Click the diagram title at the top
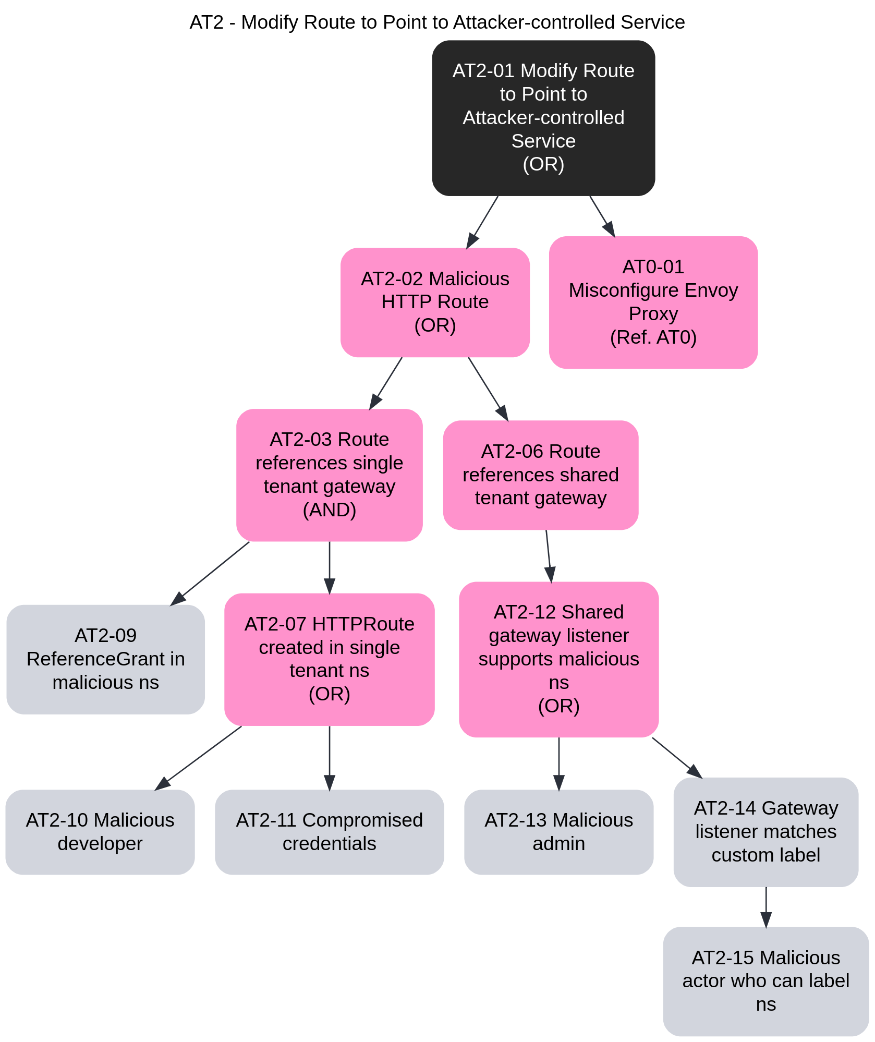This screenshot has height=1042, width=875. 437,22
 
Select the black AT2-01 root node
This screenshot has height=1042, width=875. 543,118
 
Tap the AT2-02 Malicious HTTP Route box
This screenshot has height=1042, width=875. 435,302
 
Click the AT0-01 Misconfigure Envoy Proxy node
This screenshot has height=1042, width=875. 653,302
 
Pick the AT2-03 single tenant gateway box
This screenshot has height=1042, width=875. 329,475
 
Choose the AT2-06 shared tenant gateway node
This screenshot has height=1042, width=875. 540,475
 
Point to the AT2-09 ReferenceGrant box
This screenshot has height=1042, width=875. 105,659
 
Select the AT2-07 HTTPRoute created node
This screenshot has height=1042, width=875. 329,659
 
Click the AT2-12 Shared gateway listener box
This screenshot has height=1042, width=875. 558,659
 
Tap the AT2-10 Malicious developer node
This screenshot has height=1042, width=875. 100,832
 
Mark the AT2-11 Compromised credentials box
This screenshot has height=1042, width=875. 329,832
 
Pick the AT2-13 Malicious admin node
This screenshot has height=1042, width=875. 558,832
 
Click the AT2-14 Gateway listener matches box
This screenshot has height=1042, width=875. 765,832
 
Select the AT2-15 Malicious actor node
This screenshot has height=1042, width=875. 765,981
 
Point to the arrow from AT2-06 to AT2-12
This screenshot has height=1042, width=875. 549,556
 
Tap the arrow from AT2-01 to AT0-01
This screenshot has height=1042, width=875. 602,216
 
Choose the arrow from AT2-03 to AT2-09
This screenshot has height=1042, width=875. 211,573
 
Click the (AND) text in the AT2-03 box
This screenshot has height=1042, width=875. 329,510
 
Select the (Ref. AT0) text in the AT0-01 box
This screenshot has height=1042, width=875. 653,337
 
